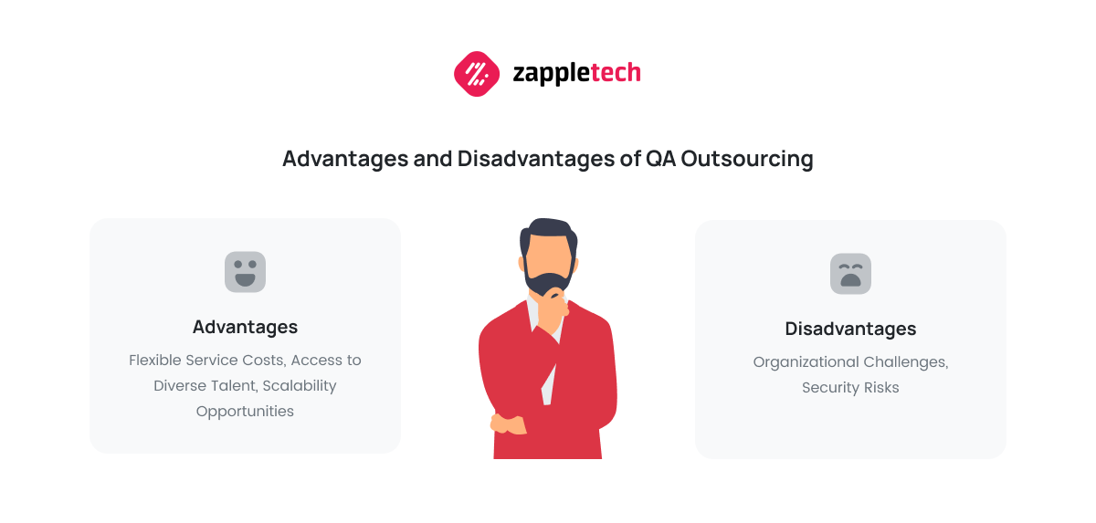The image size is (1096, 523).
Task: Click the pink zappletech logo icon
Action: pyautogui.click(x=477, y=74)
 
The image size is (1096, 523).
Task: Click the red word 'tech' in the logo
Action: pyautogui.click(x=616, y=73)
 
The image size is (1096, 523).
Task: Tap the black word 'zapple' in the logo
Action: pyautogui.click(x=552, y=75)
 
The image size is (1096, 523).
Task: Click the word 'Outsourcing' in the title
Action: pyautogui.click(x=747, y=160)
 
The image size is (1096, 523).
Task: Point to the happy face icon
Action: pyautogui.click(x=245, y=272)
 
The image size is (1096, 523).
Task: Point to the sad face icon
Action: pyautogui.click(x=850, y=274)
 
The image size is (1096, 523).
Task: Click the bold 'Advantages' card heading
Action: pyautogui.click(x=245, y=327)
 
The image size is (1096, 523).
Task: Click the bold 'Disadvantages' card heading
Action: pyautogui.click(x=850, y=329)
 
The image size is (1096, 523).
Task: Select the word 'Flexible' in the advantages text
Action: pyautogui.click(x=155, y=361)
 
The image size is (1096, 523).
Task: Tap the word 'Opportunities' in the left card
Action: pyautogui.click(x=245, y=412)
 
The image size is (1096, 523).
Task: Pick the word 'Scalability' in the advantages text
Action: pyautogui.click(x=300, y=386)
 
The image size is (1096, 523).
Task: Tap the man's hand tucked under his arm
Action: pyautogui.click(x=508, y=424)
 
